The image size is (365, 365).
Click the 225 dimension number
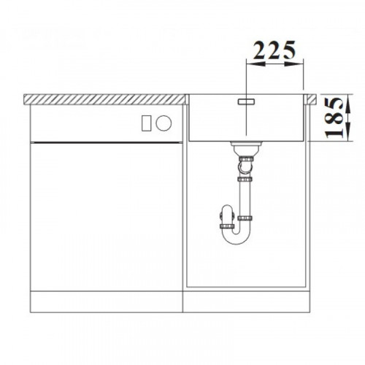coord(274,50)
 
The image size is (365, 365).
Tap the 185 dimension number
coord(334,118)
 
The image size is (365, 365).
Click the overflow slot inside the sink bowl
coord(246,101)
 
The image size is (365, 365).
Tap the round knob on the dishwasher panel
coord(164,123)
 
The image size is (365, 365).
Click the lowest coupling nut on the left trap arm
coord(227,226)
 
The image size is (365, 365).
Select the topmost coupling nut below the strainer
coord(246,159)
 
